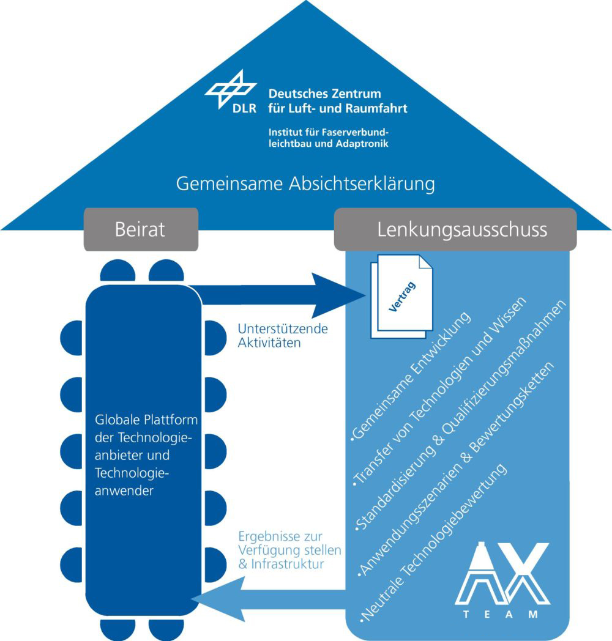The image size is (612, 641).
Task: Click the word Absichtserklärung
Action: click(x=361, y=183)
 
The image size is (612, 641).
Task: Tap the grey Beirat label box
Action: click(x=140, y=229)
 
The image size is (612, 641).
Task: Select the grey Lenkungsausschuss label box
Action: click(x=454, y=229)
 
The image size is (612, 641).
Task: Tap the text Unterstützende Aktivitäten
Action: click(x=270, y=336)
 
